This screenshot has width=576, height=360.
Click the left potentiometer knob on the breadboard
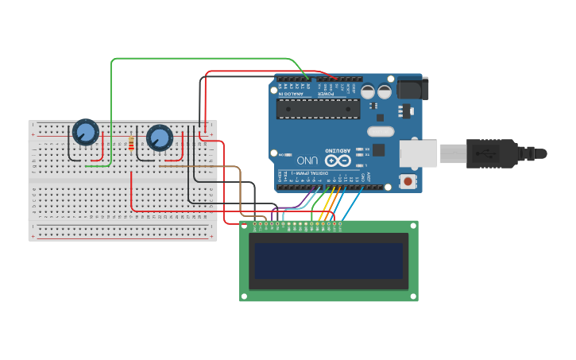coord(85,131)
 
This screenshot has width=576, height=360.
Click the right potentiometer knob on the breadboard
coord(159,138)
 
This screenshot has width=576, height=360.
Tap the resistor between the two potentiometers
coord(130,144)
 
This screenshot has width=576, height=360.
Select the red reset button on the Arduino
coord(408,181)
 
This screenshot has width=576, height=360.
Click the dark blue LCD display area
coord(328,261)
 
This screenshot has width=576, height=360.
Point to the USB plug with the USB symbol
coord(492,153)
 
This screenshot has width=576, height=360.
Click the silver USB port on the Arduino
coord(418,153)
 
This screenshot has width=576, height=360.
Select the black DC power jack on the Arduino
coord(412,87)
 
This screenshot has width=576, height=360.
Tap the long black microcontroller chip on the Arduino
coord(318,109)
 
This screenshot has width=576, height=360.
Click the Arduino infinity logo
coord(337,161)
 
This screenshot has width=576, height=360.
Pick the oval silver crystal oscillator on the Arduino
coord(381,131)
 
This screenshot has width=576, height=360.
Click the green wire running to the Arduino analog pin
coord(199,59)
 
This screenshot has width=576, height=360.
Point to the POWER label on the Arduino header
coord(327,94)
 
